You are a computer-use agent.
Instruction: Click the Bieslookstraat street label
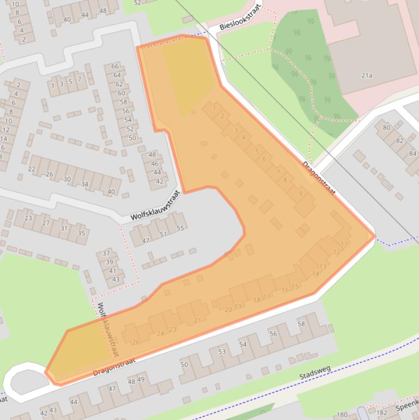(241, 17)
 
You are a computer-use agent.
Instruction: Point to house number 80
(386, 128)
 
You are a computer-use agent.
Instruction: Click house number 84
(412, 153)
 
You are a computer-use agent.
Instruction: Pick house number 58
(301, 324)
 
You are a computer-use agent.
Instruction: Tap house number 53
(222, 351)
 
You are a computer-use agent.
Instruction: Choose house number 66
(115, 67)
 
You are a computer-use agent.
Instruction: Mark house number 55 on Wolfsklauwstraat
(180, 229)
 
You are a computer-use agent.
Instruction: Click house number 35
(81, 233)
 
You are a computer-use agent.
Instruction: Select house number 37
(106, 253)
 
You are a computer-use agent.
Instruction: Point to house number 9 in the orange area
(300, 193)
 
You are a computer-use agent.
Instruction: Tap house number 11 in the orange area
(343, 243)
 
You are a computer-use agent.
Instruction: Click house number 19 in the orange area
(238, 307)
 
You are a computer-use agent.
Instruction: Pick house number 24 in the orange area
(160, 333)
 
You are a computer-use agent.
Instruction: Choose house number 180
(342, 415)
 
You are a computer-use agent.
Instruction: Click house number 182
(382, 413)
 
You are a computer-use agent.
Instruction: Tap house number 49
(141, 380)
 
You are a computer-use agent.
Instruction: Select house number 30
(67, 179)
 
